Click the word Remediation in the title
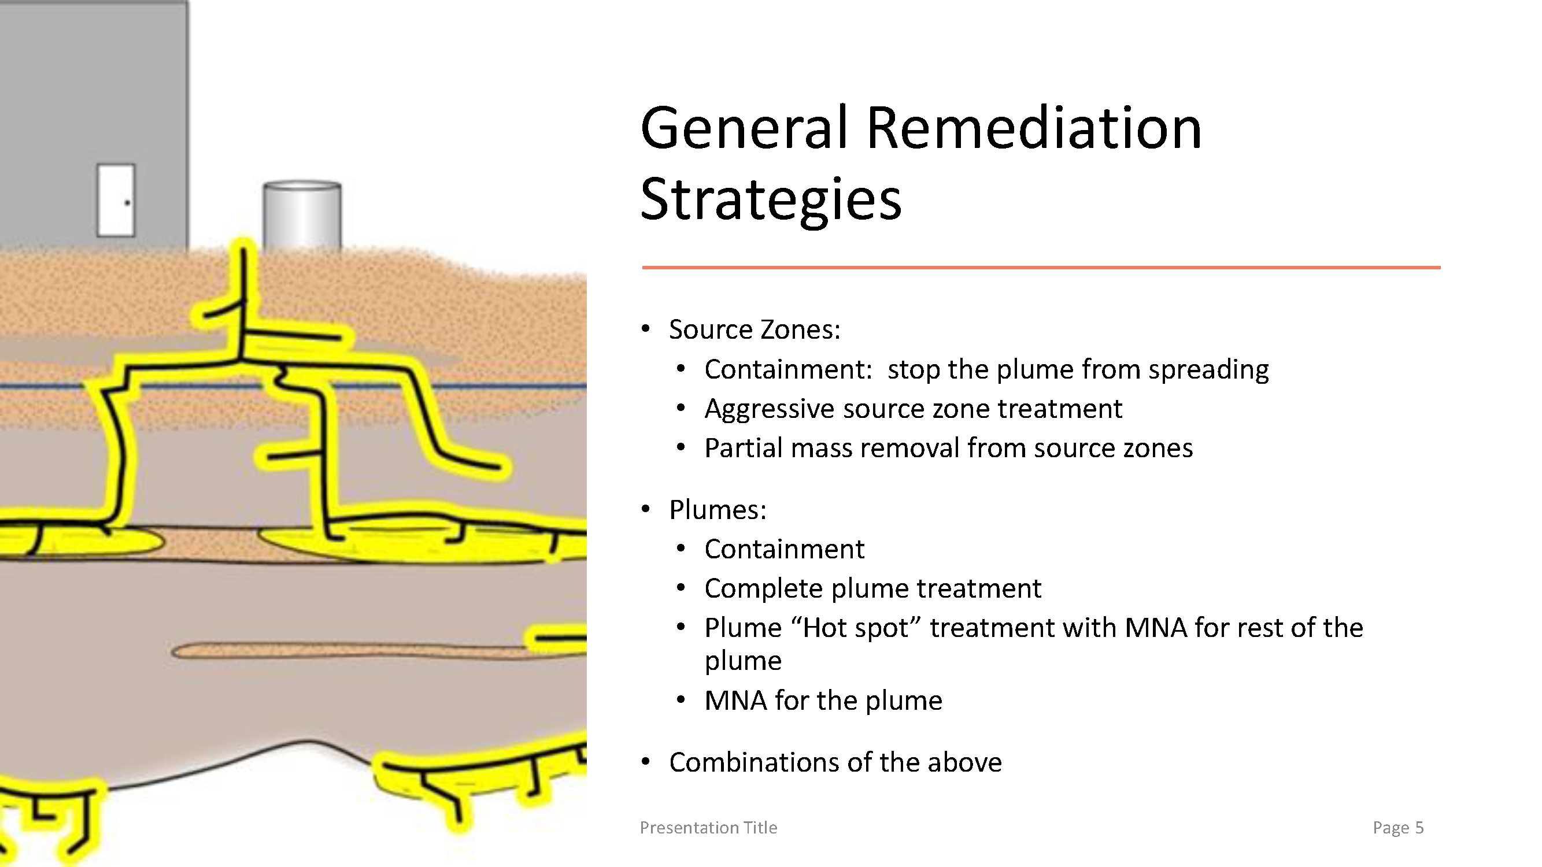click(1034, 128)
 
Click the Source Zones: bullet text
click(755, 329)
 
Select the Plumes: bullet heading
click(718, 510)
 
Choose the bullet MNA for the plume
click(823, 701)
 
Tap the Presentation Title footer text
click(708, 828)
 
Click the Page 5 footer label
click(1397, 828)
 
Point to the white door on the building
click(116, 200)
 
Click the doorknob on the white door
click(127, 203)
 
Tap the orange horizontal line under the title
click(1041, 268)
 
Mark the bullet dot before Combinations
click(645, 762)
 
